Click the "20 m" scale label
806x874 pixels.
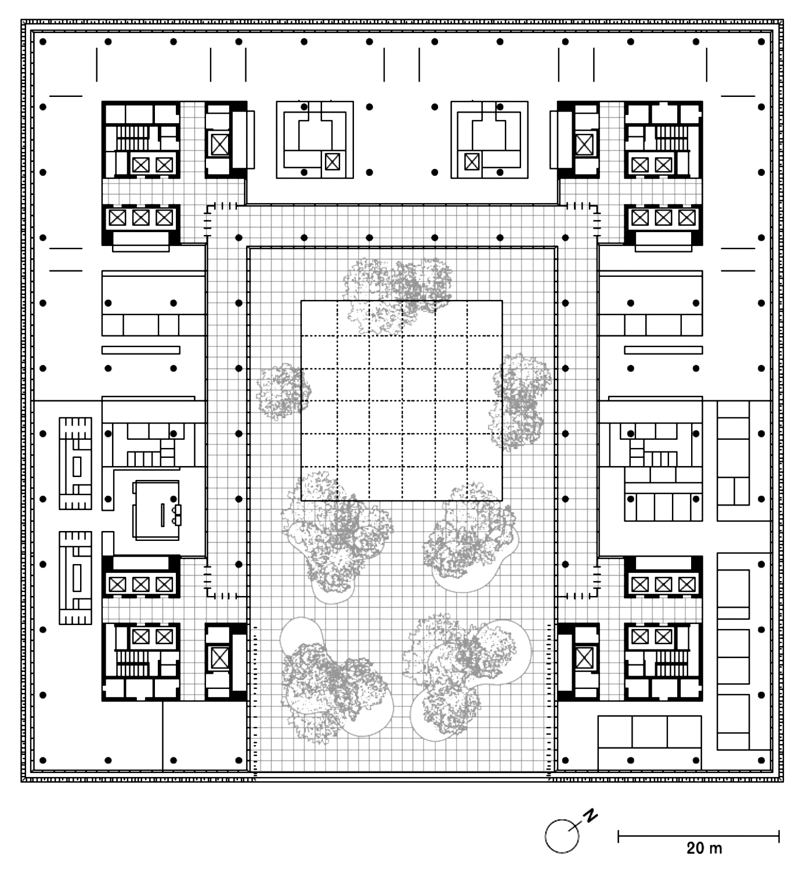pyautogui.click(x=704, y=848)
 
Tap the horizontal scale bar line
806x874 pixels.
pyautogui.click(x=699, y=836)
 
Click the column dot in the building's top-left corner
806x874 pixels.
pyautogui.click(x=43, y=42)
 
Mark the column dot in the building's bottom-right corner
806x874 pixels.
pyautogui.click(x=761, y=760)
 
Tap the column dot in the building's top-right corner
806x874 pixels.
pyautogui.click(x=761, y=42)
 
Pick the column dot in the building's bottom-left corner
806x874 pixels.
pyautogui.click(x=43, y=760)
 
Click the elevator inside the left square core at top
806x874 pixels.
pyautogui.click(x=332, y=162)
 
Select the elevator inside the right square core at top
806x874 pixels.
pyautogui.click(x=471, y=162)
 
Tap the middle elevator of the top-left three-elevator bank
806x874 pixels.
pyautogui.click(x=141, y=218)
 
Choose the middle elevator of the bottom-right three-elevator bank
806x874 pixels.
pyautogui.click(x=663, y=584)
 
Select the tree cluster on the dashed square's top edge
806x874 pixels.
pyautogui.click(x=397, y=294)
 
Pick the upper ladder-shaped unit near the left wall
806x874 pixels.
pyautogui.click(x=75, y=463)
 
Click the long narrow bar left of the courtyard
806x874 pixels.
pyautogui.click(x=141, y=351)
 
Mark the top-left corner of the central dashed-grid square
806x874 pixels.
pyautogui.click(x=301, y=301)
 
